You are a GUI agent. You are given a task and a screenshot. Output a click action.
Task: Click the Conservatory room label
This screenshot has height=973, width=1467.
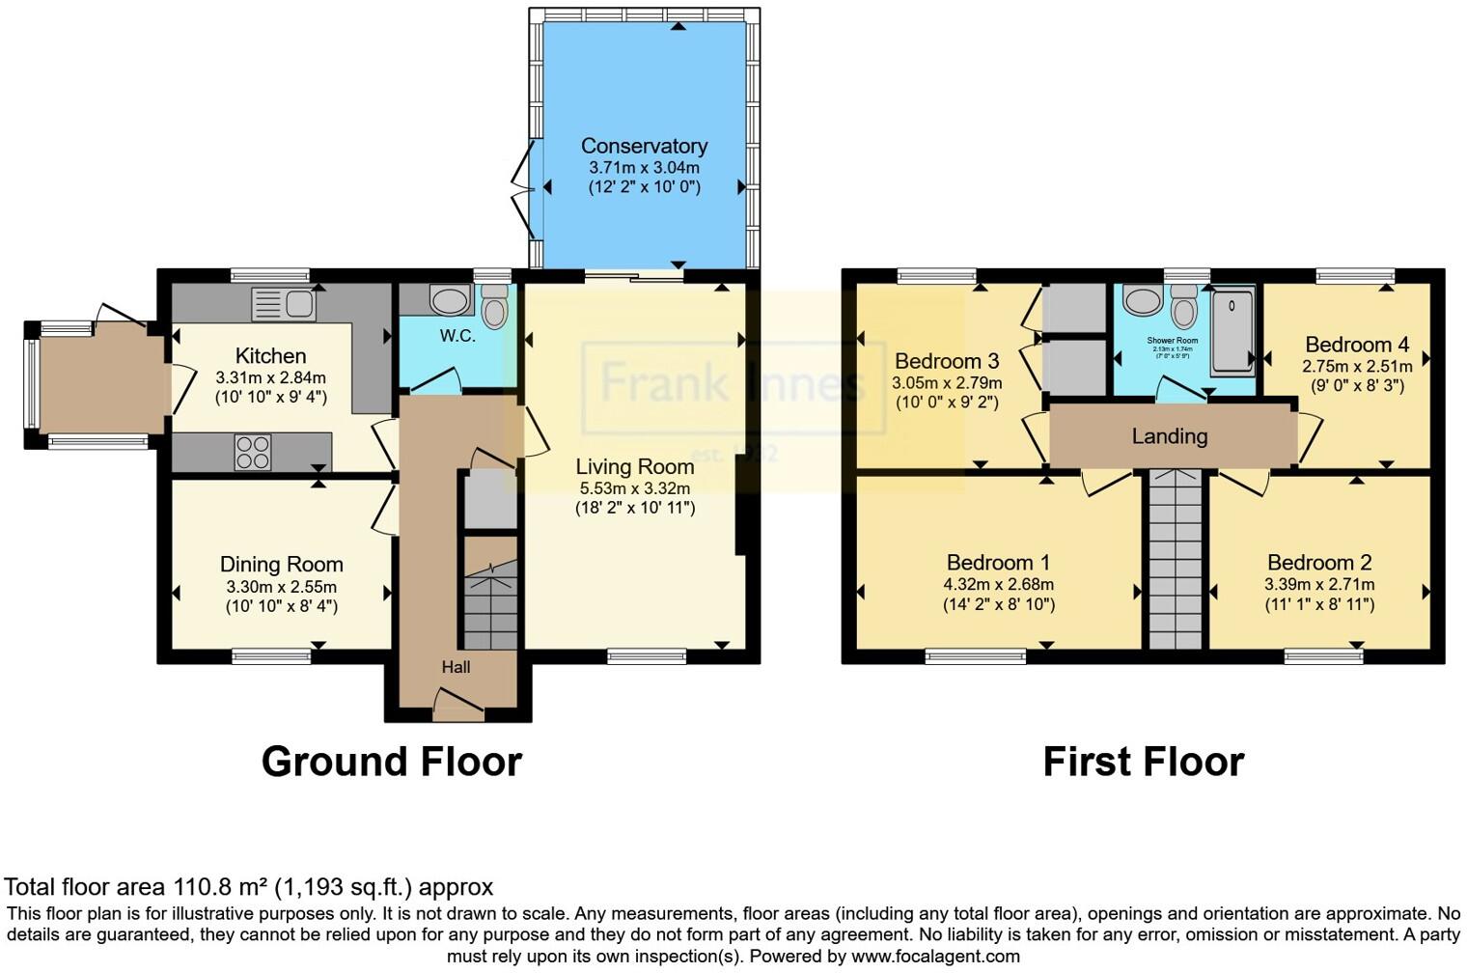coord(644,146)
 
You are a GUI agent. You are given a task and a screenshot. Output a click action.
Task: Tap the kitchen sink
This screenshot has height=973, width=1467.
coord(283,304)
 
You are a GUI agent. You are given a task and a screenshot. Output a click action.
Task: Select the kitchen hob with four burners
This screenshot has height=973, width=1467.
coord(253,453)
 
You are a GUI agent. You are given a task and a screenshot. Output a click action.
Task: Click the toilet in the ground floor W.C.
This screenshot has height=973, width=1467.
coord(494,308)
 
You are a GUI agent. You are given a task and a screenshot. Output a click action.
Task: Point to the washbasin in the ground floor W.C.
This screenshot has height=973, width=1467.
coord(449,300)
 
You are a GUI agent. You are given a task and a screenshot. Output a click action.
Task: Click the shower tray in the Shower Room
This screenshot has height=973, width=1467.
coord(1232,329)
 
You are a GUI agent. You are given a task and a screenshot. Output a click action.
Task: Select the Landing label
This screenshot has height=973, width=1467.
coord(1169,436)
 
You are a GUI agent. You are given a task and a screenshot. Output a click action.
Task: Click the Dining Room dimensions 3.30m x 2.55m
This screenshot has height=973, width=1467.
coord(281,587)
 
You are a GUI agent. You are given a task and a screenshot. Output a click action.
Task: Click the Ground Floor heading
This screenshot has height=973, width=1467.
coord(391,762)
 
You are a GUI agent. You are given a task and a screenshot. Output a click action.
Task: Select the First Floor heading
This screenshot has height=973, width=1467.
coord(1143,762)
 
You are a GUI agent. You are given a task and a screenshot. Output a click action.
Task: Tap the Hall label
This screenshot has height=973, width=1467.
coord(456,667)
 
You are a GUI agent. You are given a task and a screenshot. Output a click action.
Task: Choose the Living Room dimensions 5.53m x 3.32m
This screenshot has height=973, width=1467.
coord(634,488)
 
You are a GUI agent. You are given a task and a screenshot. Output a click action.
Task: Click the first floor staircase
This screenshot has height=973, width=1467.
coord(1175,560)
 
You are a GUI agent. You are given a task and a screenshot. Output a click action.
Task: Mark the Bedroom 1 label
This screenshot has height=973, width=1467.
coord(998,563)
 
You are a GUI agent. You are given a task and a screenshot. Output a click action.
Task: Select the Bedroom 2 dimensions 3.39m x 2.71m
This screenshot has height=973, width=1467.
coord(1319,584)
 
